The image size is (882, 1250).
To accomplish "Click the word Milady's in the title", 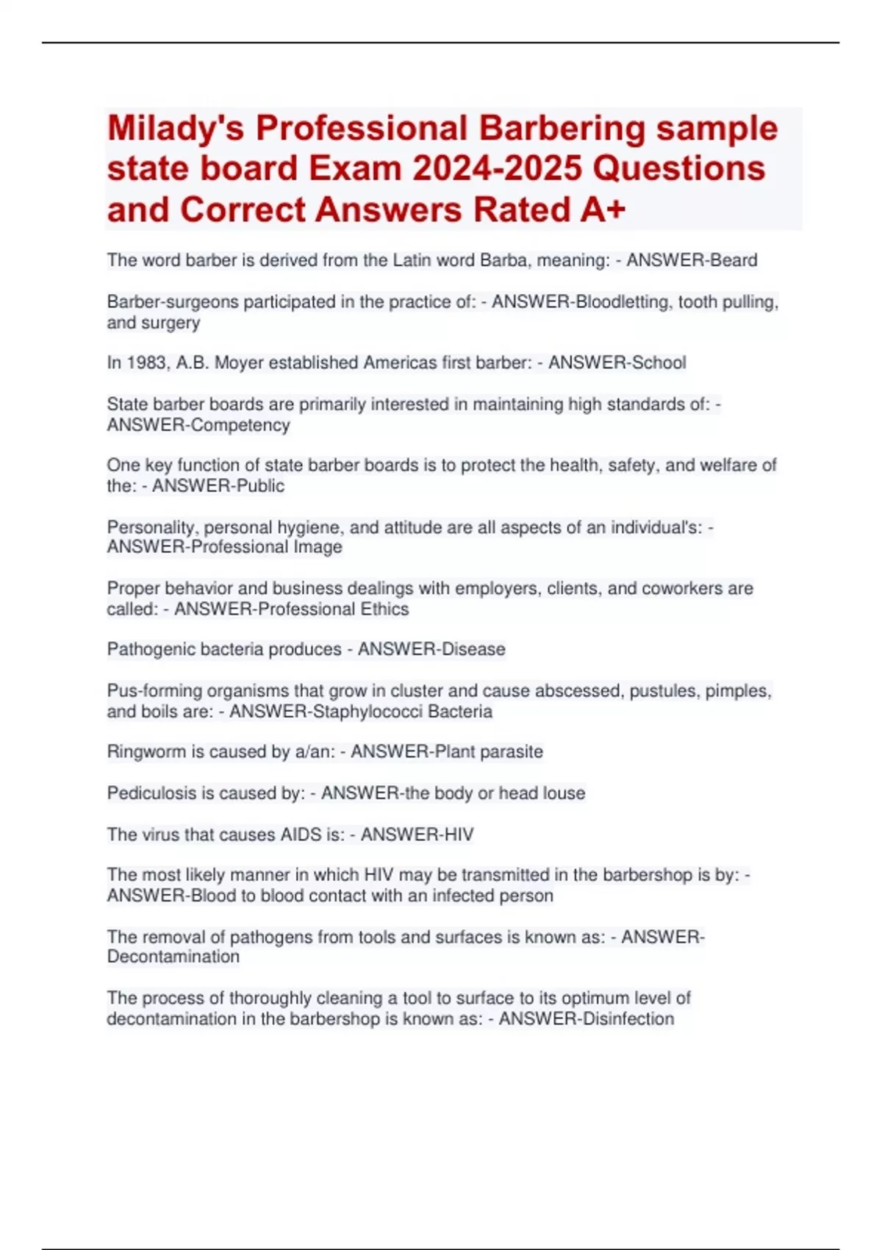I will pyautogui.click(x=176, y=129).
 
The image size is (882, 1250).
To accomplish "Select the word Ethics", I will pyautogui.click(x=384, y=609).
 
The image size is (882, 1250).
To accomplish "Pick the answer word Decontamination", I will pyautogui.click(x=173, y=957).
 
